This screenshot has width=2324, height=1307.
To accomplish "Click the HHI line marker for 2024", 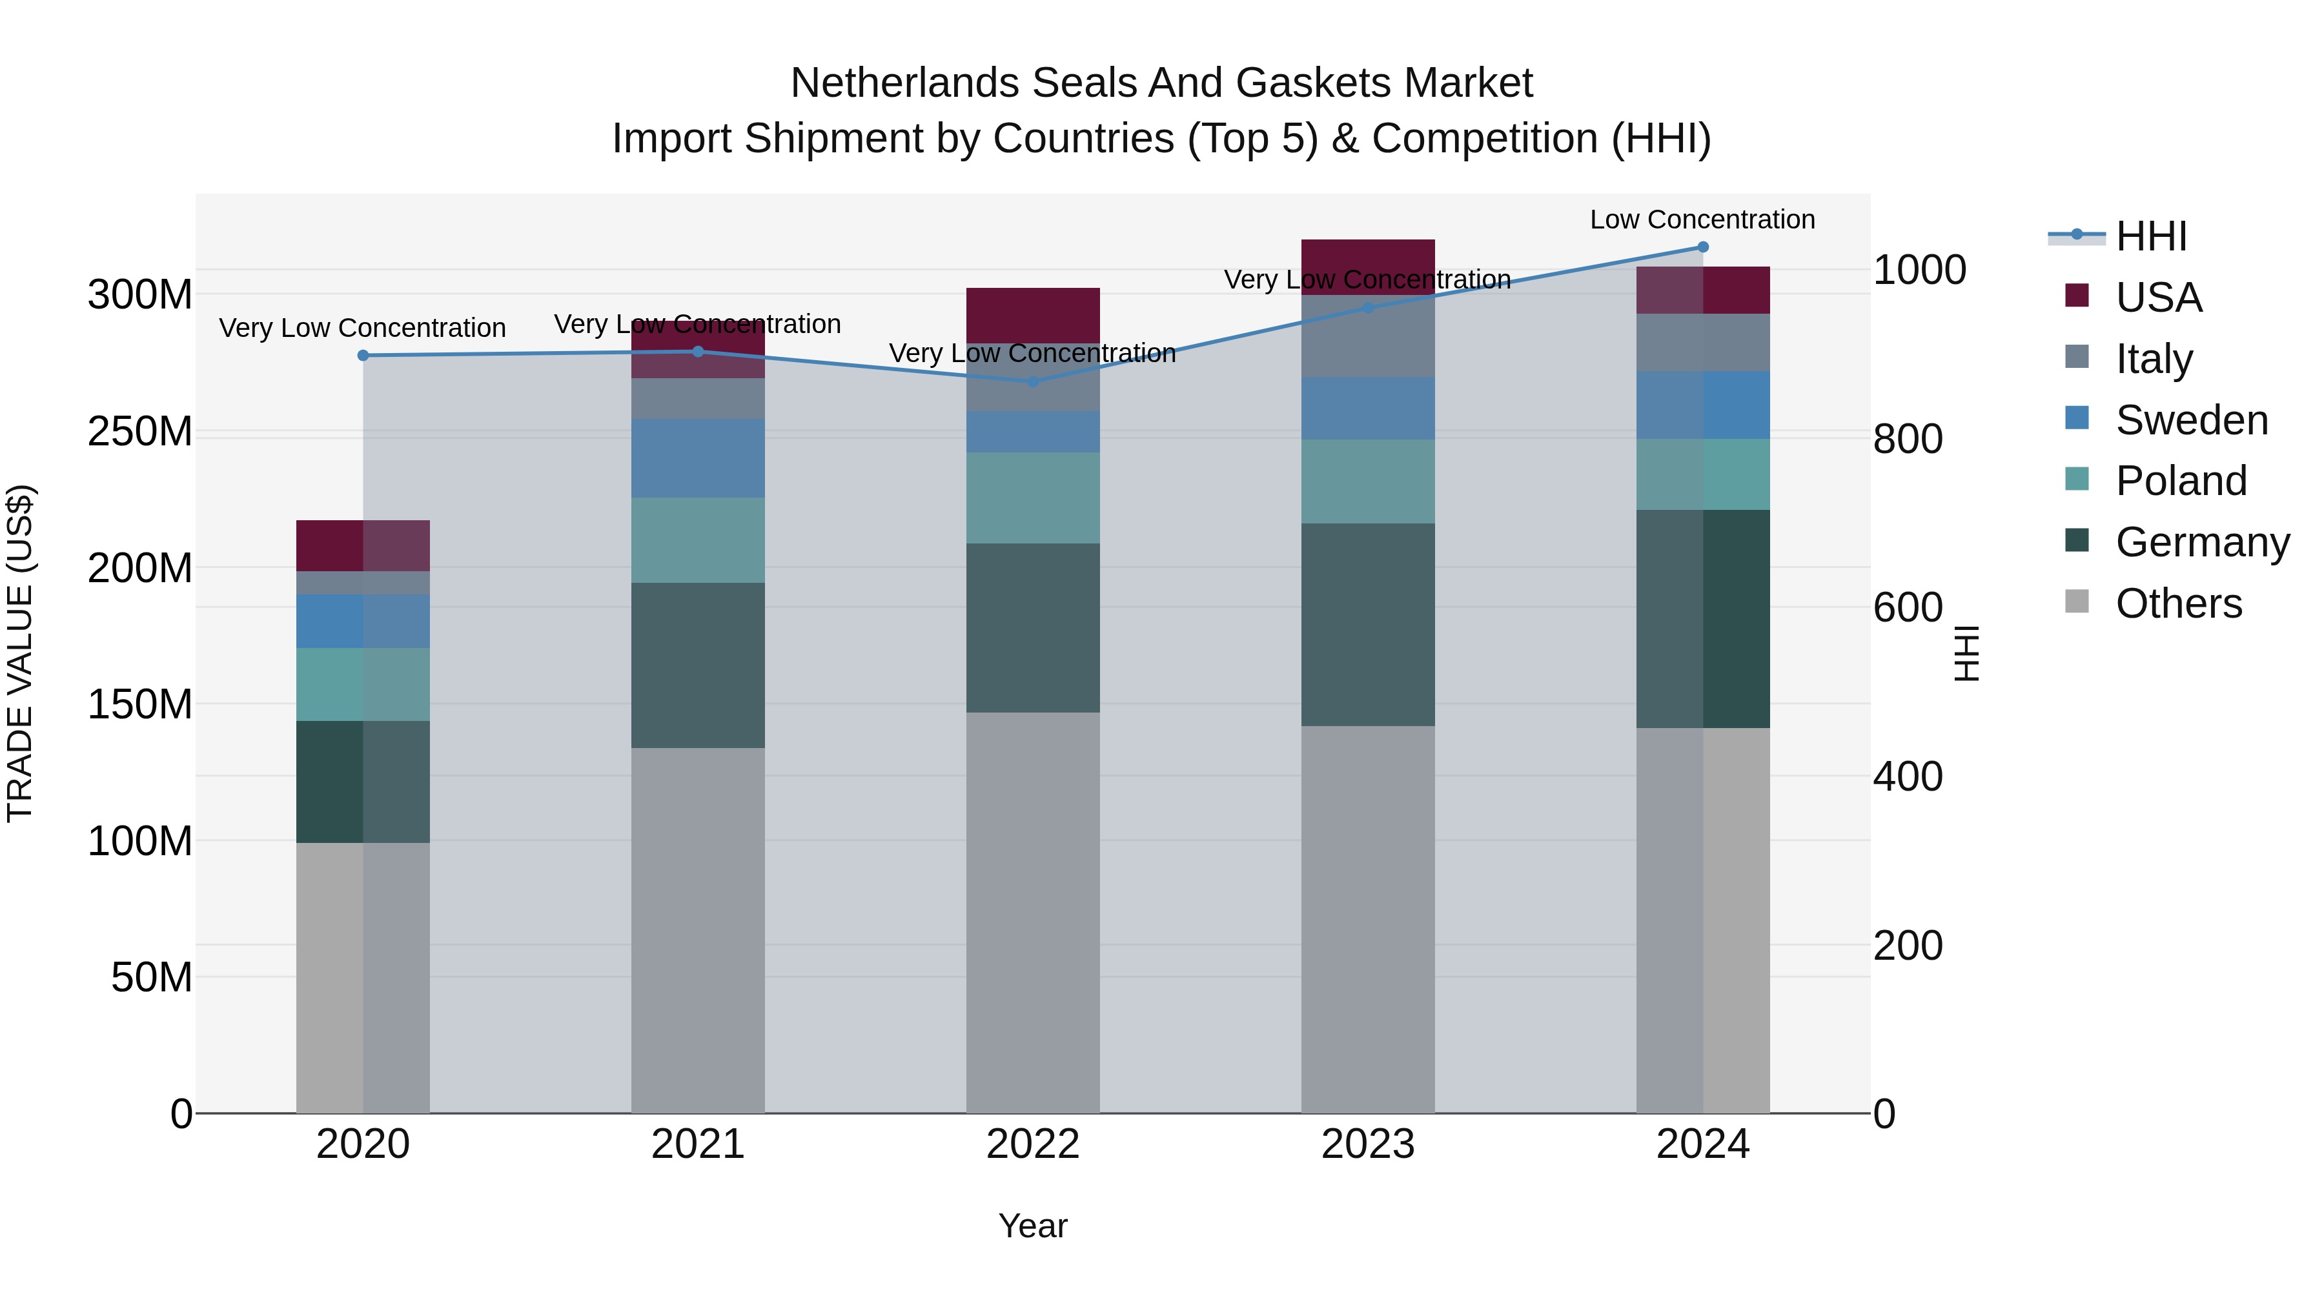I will tap(1702, 247).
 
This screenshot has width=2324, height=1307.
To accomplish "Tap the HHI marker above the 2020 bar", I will tap(363, 356).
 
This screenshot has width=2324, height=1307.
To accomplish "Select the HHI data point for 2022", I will tap(1033, 381).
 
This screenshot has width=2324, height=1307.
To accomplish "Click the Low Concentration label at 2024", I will tap(1702, 219).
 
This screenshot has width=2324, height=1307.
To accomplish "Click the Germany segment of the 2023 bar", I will tap(1368, 624).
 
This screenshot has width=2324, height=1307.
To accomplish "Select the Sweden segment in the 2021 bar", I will tap(697, 458).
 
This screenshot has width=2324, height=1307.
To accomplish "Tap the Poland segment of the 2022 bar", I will tap(1033, 497).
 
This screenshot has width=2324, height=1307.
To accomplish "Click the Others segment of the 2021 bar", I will tap(697, 929).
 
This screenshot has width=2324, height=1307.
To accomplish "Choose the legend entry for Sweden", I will tap(2190, 420).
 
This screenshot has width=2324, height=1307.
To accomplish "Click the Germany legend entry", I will tap(2201, 542).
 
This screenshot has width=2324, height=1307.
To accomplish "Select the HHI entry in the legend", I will tap(2151, 236).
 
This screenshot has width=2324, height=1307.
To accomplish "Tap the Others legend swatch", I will tap(2077, 602).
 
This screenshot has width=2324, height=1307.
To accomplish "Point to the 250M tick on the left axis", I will tap(140, 432).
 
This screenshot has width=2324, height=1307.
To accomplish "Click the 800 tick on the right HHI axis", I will tap(1907, 440).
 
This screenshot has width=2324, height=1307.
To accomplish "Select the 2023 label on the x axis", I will tap(1368, 1144).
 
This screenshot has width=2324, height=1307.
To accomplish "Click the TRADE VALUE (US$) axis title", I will tap(20, 653).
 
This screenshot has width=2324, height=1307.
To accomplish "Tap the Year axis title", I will tap(1033, 1226).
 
